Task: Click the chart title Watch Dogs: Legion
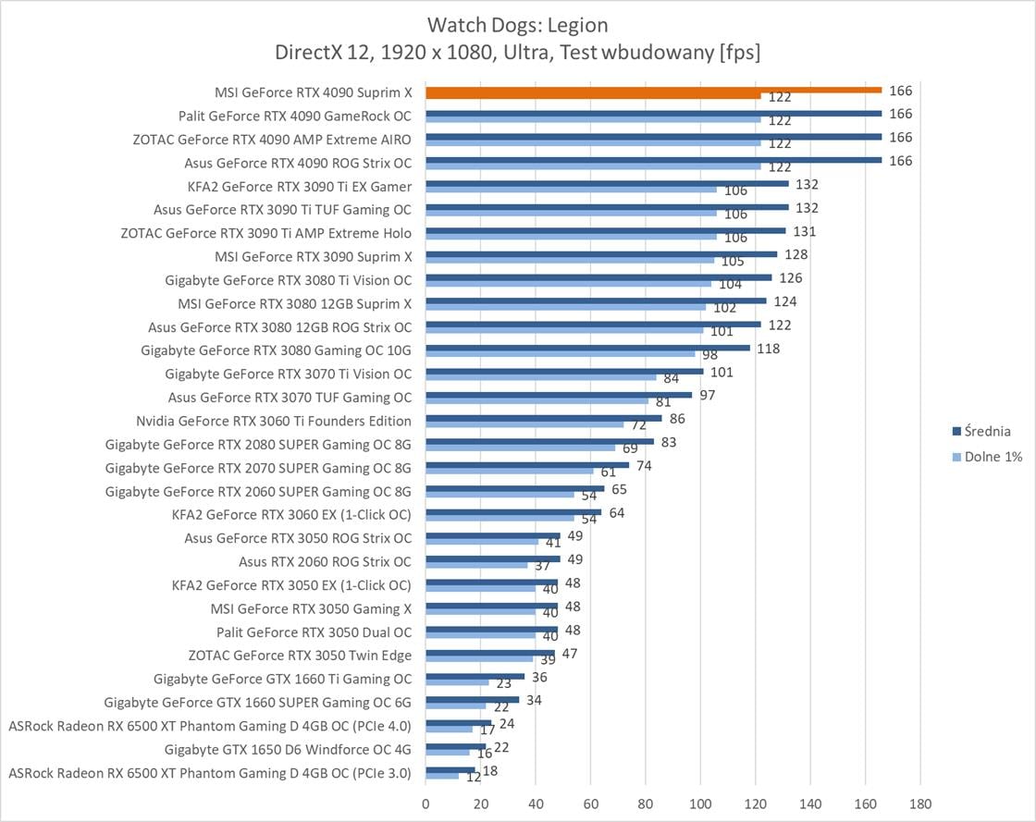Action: (517, 24)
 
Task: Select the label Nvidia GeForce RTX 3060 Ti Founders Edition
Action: (274, 421)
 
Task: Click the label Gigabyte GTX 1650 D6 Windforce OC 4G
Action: (288, 749)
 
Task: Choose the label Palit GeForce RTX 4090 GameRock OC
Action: (295, 117)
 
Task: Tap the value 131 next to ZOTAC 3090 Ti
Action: (804, 231)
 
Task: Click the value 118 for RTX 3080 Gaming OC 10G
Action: (768, 349)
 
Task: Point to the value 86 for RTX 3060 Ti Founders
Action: (678, 419)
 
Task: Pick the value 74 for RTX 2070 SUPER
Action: (644, 466)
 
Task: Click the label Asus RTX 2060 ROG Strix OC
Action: (326, 561)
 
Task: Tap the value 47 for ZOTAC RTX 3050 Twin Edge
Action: (570, 654)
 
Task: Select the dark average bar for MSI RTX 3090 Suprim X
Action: (601, 253)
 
